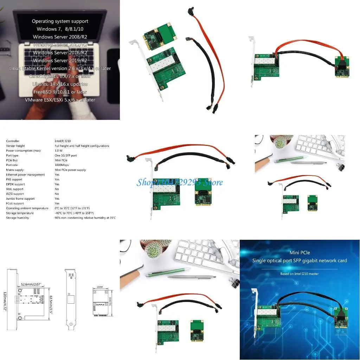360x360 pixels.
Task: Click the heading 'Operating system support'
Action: pos(60,21)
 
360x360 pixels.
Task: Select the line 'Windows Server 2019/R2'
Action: pos(60,60)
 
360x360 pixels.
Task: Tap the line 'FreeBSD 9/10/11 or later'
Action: pos(60,92)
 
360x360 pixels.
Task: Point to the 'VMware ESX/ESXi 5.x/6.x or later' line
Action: pos(60,100)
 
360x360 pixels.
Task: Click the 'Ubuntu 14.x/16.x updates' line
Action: pos(60,84)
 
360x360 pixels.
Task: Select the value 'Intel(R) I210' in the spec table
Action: pos(63,141)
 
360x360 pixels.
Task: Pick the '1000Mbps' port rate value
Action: pos(62,165)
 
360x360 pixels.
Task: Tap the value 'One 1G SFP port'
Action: pos(66,155)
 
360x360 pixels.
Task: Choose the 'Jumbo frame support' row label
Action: pos(20,199)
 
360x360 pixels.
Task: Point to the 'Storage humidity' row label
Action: pos(18,218)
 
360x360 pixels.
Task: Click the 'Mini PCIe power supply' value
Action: pos(70,170)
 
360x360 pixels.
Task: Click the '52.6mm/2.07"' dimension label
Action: pos(31,284)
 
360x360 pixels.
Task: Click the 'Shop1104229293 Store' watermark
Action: pos(180,182)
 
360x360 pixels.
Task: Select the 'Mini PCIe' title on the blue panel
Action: pos(300,252)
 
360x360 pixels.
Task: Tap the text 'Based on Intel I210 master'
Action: pos(300,274)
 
